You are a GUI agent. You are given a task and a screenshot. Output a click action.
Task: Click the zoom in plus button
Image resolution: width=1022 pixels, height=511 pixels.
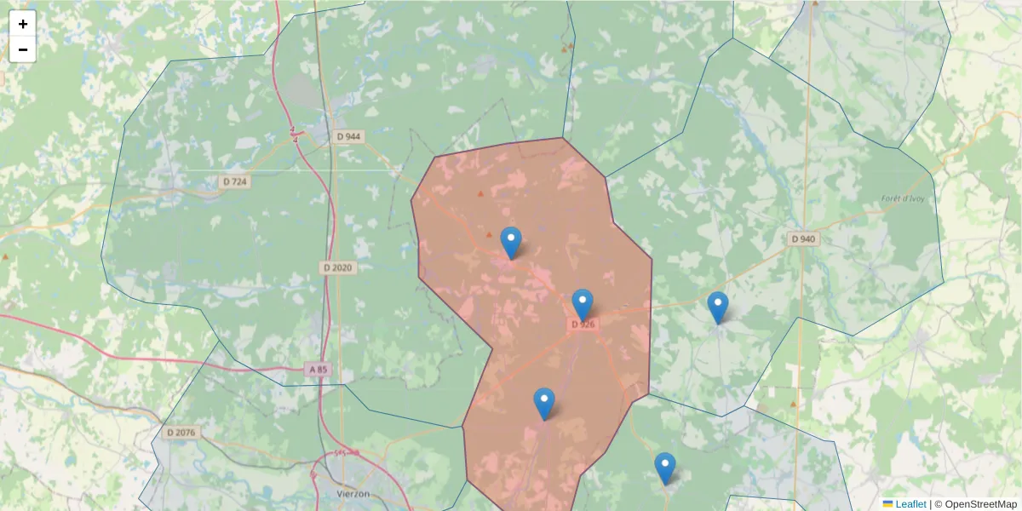23,24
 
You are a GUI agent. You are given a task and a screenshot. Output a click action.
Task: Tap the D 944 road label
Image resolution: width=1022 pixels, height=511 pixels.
348,136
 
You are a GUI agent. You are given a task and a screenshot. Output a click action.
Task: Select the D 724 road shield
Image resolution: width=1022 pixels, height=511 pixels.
235,181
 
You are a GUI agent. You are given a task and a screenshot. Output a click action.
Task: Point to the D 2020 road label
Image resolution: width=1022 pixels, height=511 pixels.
337,267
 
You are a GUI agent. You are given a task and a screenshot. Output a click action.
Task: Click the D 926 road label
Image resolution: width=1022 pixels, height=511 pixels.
583,324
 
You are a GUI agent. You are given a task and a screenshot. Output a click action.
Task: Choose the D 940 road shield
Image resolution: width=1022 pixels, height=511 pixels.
802,239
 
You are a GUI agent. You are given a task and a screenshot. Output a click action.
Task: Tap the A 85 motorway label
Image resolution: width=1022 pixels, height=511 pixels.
318,370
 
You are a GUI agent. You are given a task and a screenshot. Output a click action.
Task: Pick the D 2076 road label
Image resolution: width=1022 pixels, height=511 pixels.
181,433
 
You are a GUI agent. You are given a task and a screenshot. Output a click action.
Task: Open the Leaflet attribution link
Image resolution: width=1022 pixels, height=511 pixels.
910,504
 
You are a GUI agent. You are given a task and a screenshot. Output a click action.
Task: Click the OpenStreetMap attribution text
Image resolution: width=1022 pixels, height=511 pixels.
980,504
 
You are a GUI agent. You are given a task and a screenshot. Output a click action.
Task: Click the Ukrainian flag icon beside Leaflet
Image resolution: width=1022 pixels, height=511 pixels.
888,504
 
